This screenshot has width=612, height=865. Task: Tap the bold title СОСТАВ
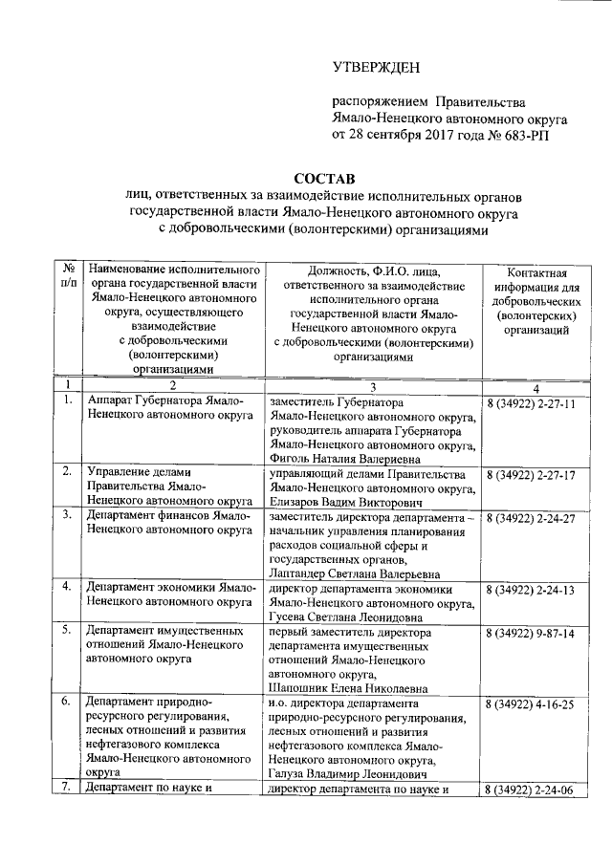point(324,178)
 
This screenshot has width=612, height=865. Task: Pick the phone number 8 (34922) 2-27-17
point(530,475)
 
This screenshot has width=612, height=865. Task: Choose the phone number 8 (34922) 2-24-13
point(530,589)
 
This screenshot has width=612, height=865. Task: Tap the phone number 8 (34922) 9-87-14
point(530,634)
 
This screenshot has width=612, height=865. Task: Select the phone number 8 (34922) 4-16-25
point(530,704)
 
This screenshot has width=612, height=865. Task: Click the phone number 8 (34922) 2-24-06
point(530,789)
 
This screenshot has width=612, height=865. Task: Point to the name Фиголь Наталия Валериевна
point(350,459)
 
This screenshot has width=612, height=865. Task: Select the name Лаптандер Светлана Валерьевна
point(356,573)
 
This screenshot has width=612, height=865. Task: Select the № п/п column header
point(69,279)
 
